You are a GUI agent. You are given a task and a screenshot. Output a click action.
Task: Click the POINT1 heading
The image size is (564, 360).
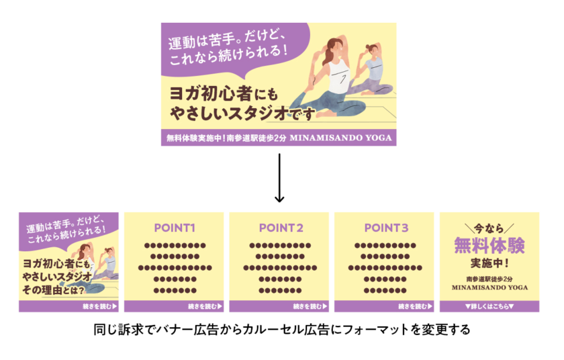click(x=174, y=228)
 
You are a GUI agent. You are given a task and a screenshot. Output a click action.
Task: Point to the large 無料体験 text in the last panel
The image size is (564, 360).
click(x=489, y=244)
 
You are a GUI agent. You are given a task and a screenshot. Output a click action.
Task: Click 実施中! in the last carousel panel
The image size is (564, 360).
click(x=489, y=262)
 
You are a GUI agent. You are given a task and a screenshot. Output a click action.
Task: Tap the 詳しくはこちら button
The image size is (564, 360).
click(x=489, y=306)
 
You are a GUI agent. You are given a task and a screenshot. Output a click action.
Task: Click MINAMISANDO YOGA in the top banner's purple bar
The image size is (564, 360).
click(x=342, y=140)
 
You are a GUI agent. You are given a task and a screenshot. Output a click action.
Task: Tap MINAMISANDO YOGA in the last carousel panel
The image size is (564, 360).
click(x=489, y=287)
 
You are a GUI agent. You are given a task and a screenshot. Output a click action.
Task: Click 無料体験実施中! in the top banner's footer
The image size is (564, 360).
click(x=196, y=140)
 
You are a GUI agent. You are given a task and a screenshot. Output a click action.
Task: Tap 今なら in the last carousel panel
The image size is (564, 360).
click(x=488, y=228)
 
